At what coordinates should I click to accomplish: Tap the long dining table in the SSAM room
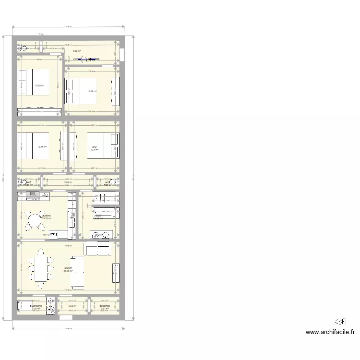[40, 269]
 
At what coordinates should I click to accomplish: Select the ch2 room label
[95, 147]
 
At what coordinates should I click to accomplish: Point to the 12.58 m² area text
[92, 91]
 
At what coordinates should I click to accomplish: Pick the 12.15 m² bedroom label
[42, 147]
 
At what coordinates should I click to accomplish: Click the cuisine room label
[47, 216]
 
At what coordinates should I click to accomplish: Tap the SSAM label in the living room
[68, 268]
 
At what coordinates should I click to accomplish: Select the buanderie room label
[36, 305]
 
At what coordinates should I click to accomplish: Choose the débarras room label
[105, 305]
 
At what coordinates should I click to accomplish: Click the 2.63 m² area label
[72, 306]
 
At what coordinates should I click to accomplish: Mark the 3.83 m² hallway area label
[68, 182]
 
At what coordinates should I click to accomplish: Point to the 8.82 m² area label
[76, 50]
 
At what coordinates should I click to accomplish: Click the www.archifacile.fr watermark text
[330, 332]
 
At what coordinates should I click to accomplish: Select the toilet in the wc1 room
[22, 182]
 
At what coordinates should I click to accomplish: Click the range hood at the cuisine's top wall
[34, 195]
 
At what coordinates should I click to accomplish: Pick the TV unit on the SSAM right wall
[115, 273]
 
